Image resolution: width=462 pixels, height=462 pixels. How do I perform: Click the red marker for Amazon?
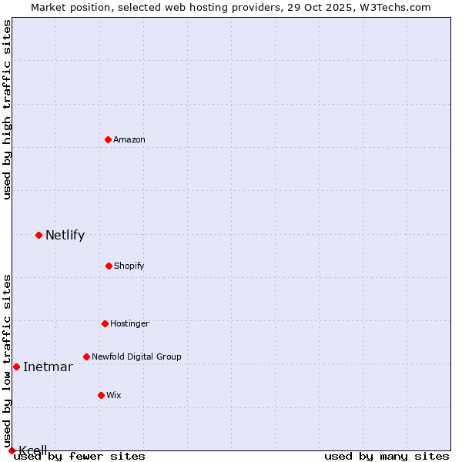109,139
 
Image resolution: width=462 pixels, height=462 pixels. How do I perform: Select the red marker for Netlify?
38,235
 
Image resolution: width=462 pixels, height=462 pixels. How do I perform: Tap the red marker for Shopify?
109,266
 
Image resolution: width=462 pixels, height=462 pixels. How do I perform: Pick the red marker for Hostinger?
105,323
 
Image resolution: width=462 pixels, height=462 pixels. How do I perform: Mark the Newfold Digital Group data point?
86,357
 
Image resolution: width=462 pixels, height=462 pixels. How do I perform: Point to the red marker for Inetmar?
16,367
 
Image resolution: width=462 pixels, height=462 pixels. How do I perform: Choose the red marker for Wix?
101,395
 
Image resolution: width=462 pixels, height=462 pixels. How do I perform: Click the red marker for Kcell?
12,450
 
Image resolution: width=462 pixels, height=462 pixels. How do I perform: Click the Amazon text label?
129,139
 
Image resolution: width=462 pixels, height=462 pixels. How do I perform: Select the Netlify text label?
65,236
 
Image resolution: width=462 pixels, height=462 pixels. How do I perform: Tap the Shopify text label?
129,266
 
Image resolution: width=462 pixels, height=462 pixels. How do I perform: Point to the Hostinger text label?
129,323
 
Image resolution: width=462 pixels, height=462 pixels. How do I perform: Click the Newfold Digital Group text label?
136,357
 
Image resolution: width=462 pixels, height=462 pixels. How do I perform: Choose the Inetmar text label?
48,367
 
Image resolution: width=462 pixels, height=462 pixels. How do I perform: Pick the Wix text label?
114,395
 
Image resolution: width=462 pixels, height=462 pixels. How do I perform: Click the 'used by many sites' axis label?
387,457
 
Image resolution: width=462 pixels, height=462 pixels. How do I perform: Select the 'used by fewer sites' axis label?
80,457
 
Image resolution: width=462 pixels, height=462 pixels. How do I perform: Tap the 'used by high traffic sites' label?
8,109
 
